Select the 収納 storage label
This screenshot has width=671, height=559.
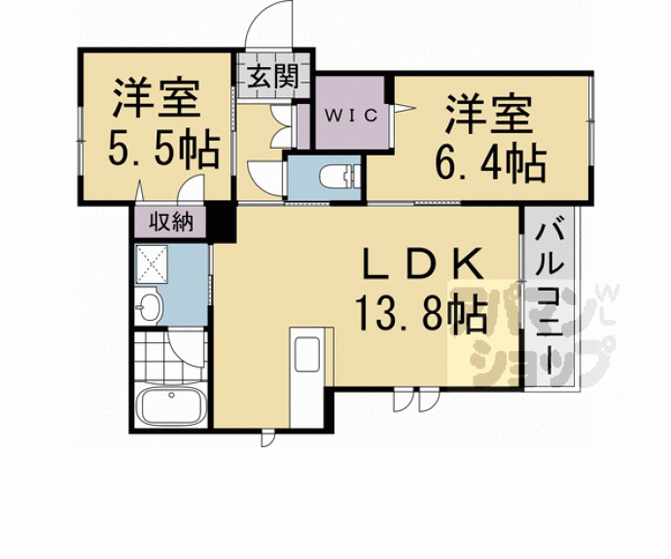coord(171,223)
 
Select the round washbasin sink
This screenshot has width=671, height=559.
coord(150,308)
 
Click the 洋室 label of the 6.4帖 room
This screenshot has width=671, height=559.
coord(489,115)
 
